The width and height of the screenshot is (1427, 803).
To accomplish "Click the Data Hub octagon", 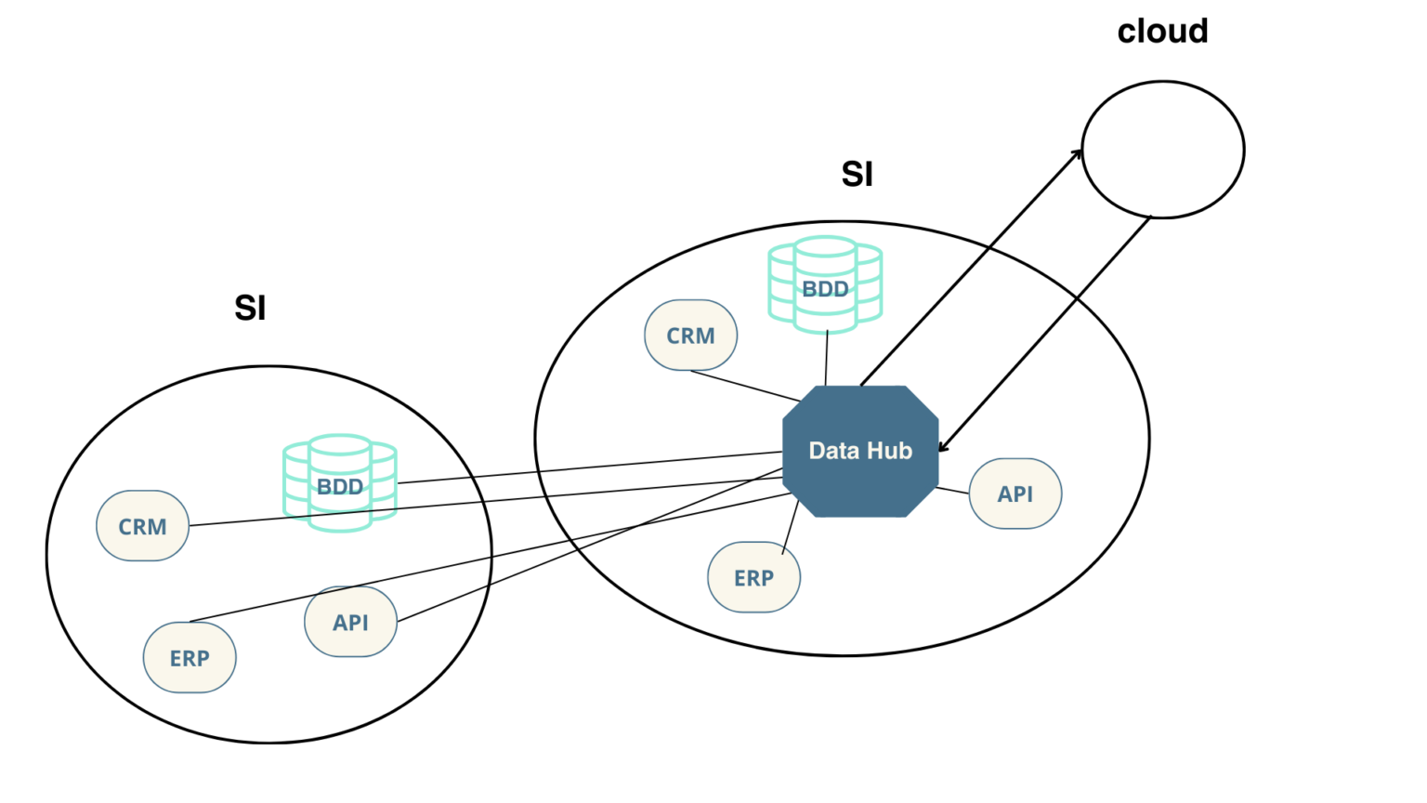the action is tap(860, 451).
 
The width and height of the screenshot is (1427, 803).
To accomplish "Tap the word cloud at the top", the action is tap(1162, 32).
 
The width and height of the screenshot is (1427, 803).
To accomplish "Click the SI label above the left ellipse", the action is tap(250, 309).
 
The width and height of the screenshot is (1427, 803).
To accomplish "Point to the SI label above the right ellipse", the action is tap(857, 174).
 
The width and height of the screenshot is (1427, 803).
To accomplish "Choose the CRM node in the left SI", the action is tap(143, 526).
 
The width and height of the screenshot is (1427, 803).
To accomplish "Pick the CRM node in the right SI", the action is tap(690, 336).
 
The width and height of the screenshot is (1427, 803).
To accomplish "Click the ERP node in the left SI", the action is tap(190, 658).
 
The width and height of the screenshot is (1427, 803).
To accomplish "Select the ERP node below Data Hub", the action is tap(754, 577).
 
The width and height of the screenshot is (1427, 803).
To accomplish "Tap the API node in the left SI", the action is tap(351, 622).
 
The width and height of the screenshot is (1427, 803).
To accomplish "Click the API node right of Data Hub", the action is tap(1015, 494).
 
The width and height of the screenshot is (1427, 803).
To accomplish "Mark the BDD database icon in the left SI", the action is tap(340, 483).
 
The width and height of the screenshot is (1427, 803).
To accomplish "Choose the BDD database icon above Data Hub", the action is tap(825, 285).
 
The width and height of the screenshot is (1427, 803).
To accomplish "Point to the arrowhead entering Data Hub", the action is tap(945, 446).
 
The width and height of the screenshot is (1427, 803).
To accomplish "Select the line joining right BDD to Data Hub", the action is tap(826, 358).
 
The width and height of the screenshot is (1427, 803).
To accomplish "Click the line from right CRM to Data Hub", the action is tap(745, 386).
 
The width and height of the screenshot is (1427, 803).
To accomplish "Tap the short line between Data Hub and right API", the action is tap(953, 491).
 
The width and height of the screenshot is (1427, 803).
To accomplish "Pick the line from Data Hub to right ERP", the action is tap(790, 527).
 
